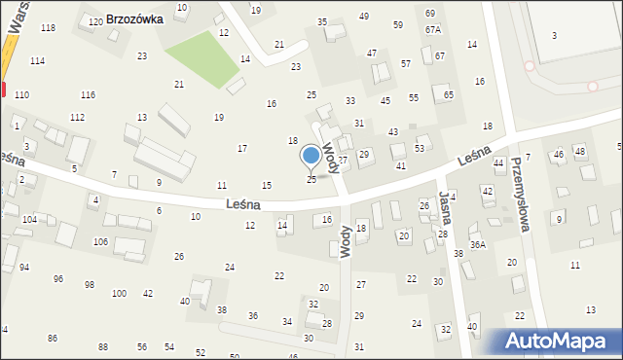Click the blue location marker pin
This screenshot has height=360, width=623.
tap(311, 156)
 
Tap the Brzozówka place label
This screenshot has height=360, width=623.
tap(134, 18)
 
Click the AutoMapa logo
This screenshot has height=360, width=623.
tap(560, 342)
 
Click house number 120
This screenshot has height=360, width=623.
tap(95, 21)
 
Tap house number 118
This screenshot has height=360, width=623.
tap(48, 27)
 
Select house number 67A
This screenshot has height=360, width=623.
tap(432, 30)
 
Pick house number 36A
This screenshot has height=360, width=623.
tap(477, 245)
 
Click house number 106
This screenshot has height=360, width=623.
tap(100, 241)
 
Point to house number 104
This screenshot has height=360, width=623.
tap(30, 220)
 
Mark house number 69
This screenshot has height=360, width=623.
tap(430, 13)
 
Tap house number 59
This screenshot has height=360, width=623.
tap(398, 24)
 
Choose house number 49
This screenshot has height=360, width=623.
tap(364, 17)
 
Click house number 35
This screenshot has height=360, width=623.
tap(322, 21)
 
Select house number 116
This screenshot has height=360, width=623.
tap(89, 94)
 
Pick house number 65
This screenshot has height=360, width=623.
tap(449, 94)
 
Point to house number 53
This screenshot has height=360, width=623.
tap(420, 148)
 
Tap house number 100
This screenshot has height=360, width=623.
tap(119, 293)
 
